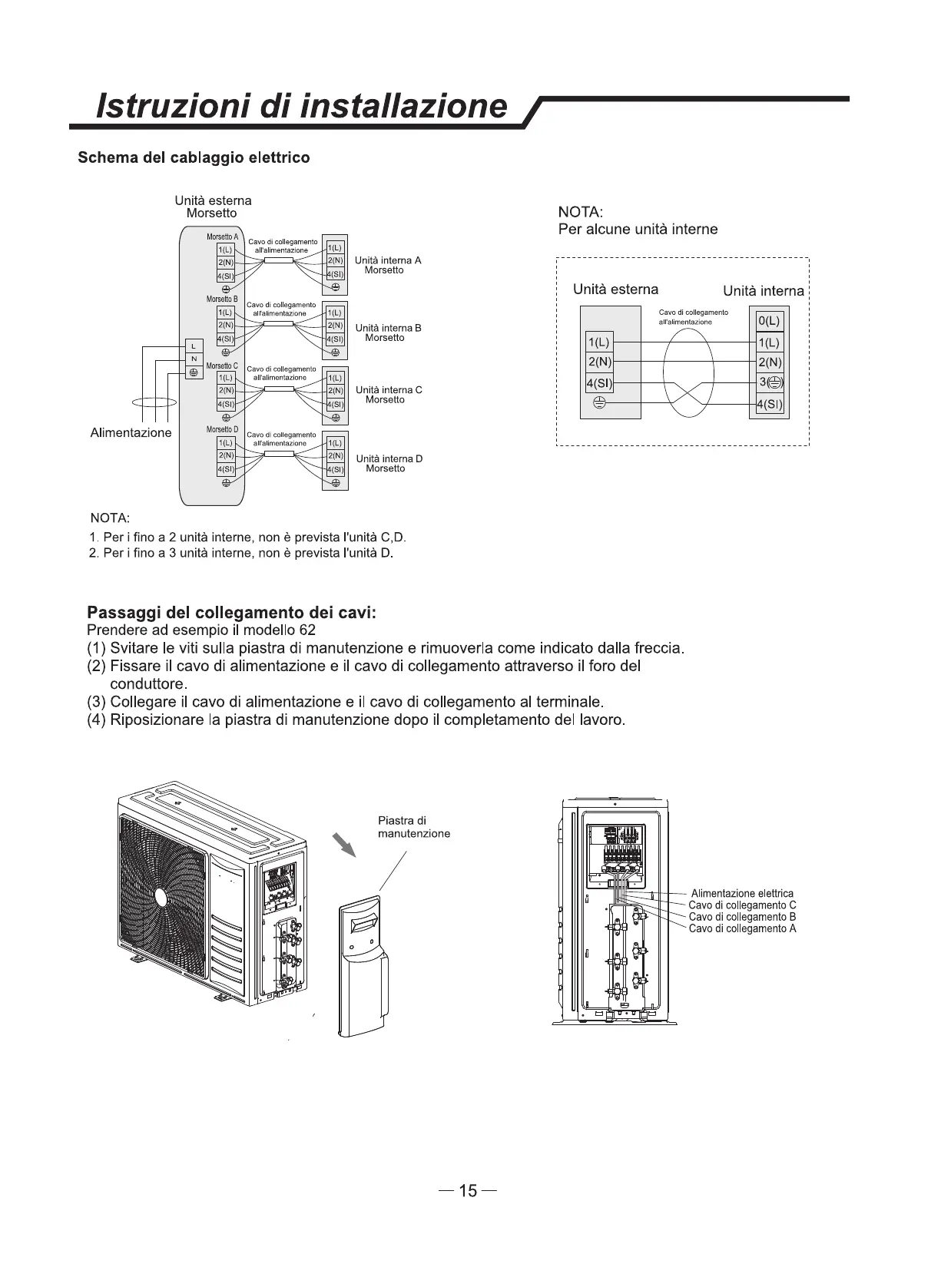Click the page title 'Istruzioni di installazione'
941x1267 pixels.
point(301,105)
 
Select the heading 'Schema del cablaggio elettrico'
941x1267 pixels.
point(194,157)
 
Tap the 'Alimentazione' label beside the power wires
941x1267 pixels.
point(131,433)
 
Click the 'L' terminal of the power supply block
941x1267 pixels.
point(194,348)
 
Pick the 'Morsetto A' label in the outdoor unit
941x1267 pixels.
point(222,237)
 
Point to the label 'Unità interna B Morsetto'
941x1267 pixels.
point(389,332)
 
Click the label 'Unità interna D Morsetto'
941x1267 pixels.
point(389,463)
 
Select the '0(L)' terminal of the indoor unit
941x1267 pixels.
point(768,321)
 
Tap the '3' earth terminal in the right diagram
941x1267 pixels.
point(769,383)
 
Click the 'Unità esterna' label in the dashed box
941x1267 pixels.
point(615,289)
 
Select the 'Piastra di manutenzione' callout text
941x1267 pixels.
point(413,827)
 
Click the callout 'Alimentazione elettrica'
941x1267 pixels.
point(742,894)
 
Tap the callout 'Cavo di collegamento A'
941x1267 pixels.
point(742,928)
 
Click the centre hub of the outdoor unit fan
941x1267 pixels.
point(161,897)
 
